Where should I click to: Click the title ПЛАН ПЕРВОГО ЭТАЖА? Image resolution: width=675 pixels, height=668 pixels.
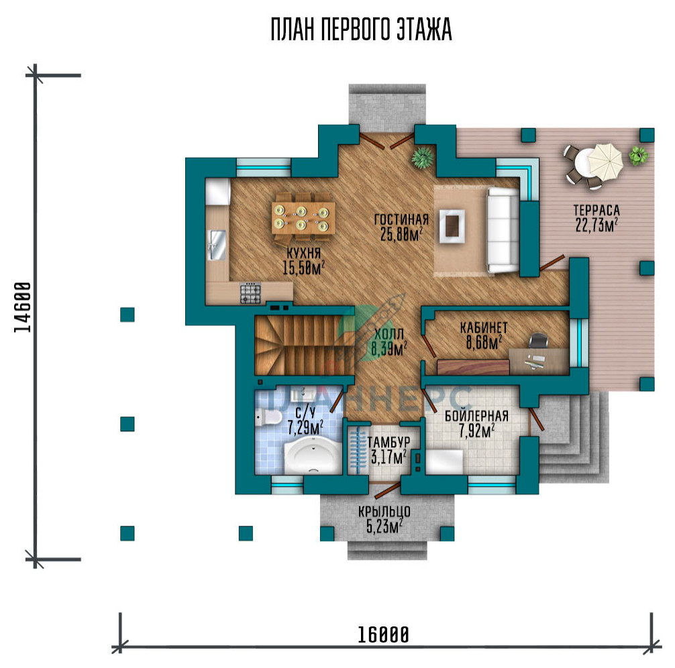point(361,30)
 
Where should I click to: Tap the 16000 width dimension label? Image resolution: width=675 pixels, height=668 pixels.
point(383,635)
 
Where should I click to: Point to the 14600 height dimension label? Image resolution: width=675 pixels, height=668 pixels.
point(23,307)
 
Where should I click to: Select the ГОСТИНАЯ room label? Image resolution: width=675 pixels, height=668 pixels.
point(401,219)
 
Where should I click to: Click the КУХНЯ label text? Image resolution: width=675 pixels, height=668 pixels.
point(303,253)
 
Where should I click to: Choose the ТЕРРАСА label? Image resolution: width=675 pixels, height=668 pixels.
point(596,210)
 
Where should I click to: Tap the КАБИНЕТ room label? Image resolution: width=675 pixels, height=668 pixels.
point(484,328)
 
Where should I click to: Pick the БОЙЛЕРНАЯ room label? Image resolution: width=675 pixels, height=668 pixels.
point(476,416)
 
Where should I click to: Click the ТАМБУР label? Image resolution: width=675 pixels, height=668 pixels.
point(388,443)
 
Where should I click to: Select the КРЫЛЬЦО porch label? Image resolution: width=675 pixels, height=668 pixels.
point(384,511)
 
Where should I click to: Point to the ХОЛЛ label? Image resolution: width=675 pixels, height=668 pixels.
point(389,334)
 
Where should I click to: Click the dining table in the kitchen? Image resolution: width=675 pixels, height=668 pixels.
point(303,218)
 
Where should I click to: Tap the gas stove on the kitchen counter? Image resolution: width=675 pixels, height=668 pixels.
point(250,293)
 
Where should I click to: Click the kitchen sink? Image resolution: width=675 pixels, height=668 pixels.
point(217,245)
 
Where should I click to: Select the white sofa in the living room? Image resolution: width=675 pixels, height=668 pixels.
point(503,230)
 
